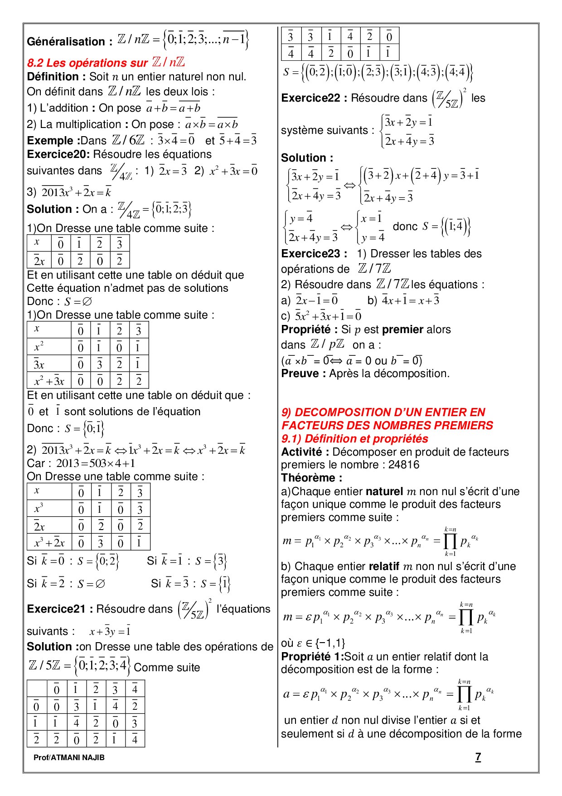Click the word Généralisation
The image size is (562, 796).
point(66,42)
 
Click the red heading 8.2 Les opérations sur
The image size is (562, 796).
point(87,63)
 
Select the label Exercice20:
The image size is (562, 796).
point(58,154)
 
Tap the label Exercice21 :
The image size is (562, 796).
point(60,609)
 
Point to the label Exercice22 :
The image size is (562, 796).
point(314,98)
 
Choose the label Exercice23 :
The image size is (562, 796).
point(314,254)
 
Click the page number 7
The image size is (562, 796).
point(478,757)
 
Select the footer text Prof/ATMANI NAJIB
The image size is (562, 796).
point(69,757)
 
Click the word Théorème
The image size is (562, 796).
point(310,478)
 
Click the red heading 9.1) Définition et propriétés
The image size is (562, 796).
point(354,439)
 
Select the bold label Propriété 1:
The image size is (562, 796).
point(312,657)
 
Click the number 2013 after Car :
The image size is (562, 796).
point(68,463)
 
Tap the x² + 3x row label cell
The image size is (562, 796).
point(49,381)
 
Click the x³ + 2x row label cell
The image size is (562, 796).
point(49,543)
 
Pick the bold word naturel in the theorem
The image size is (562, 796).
point(384,491)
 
